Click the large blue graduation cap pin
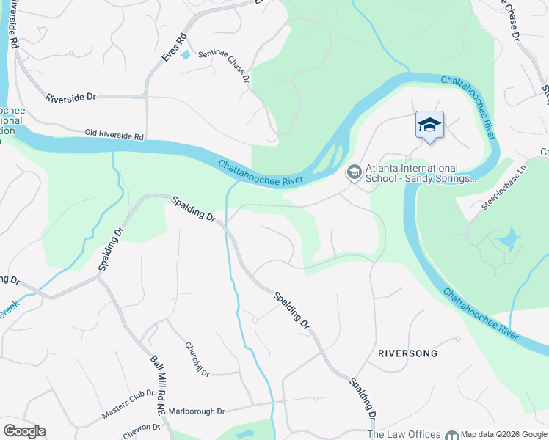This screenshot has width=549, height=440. pos(429,125)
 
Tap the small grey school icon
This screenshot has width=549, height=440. pos(353,172)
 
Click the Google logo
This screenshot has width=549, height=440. pos(24,431)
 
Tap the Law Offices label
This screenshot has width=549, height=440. pos(404,434)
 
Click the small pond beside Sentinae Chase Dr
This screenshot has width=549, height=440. pos(185,54)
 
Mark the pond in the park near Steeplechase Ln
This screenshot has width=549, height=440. pos(506,239)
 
